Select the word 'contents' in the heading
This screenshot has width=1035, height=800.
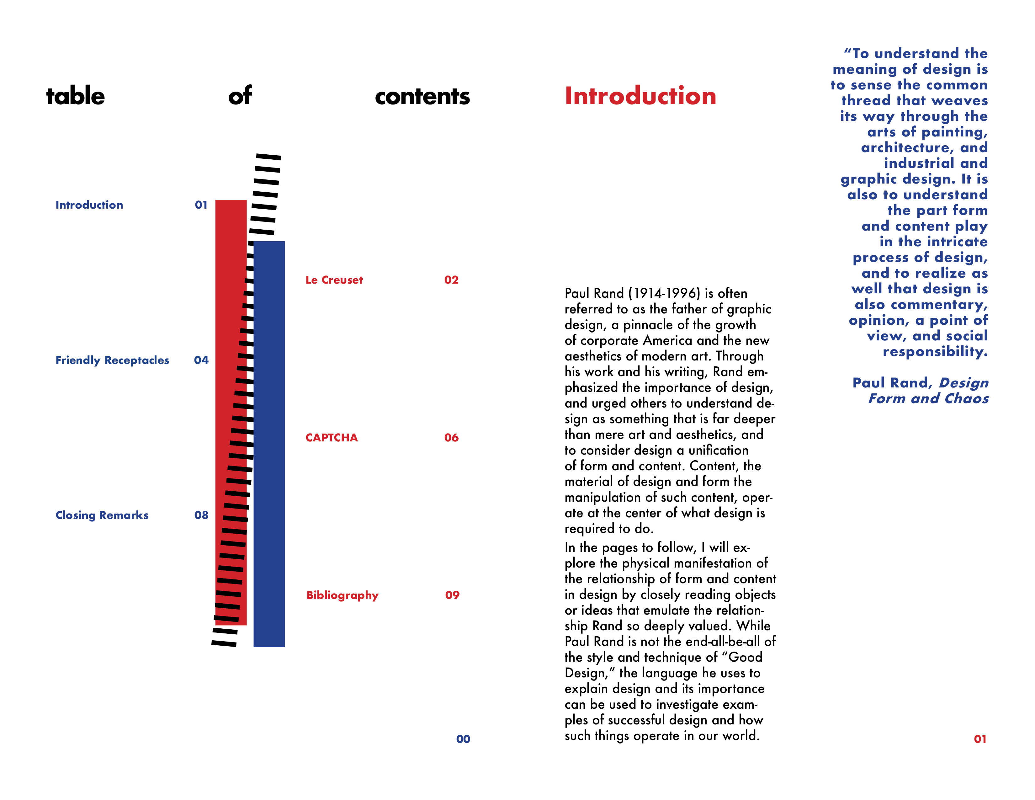coord(422,97)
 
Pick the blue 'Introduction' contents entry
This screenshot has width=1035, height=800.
coord(89,205)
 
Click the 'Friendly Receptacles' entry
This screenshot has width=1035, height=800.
coord(112,360)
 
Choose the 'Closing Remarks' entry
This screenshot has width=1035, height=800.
coord(102,515)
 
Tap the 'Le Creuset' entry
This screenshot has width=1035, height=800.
coord(334,280)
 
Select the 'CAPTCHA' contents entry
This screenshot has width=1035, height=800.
coord(332,437)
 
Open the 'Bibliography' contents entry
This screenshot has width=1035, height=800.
coord(342,595)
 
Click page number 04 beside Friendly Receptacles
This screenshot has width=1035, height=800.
coord(201,360)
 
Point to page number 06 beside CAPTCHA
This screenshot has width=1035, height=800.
coord(451,437)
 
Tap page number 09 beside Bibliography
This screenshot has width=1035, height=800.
coord(452,595)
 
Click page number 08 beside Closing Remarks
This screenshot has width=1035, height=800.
coord(201,515)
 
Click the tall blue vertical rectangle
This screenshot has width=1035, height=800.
coord(269,444)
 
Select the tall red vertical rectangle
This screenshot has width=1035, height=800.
coord(231,412)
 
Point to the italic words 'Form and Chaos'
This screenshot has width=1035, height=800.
coord(928,398)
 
